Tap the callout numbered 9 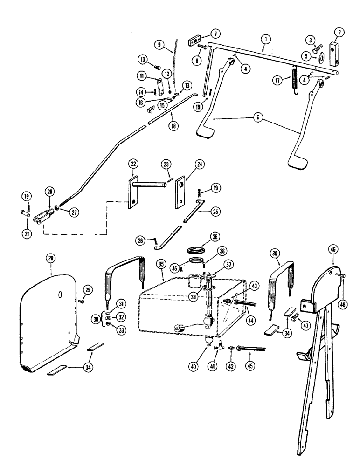[160, 45]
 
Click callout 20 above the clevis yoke [50, 191]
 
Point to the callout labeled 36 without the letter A [215, 237]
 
